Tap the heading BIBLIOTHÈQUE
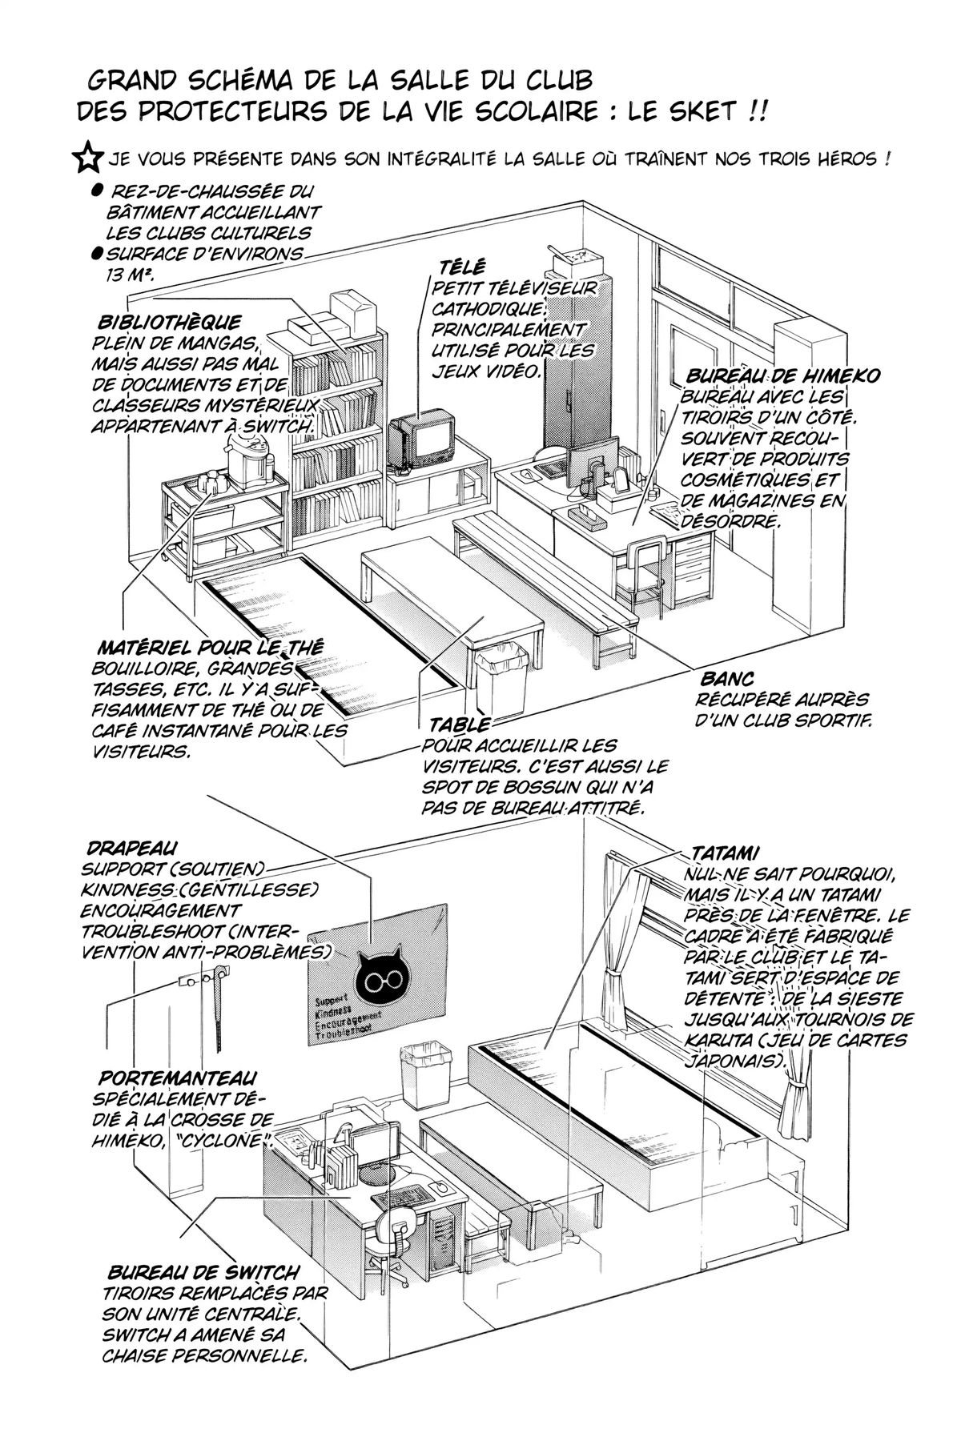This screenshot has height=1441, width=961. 168,323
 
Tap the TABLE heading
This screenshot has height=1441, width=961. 459,725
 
